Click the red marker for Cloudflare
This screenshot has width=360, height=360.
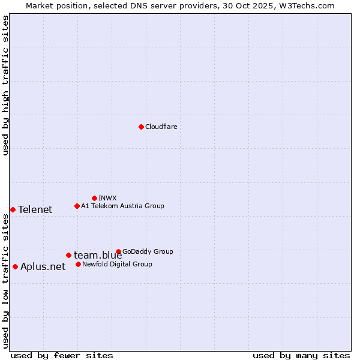click(x=141, y=127)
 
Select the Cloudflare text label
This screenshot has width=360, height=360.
click(x=161, y=127)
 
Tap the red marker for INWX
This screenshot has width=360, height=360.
click(x=94, y=198)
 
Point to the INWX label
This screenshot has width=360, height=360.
click(x=107, y=198)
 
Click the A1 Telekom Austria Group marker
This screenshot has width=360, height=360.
click(x=77, y=206)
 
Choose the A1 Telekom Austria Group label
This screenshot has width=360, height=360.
click(x=122, y=206)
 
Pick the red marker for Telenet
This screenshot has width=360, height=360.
click(x=13, y=209)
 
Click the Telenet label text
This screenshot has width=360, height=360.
click(x=35, y=209)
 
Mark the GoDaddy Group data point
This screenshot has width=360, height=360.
click(x=118, y=251)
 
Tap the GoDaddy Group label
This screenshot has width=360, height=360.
click(x=148, y=251)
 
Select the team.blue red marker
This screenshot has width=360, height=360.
click(x=68, y=255)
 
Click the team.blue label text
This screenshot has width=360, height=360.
click(x=98, y=256)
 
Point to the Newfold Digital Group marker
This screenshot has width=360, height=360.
click(x=78, y=264)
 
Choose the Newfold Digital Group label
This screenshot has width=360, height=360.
click(x=117, y=264)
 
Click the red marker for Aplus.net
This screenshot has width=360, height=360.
click(x=15, y=266)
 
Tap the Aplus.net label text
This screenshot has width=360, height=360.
click(x=43, y=267)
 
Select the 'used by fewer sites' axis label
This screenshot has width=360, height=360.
click(x=62, y=355)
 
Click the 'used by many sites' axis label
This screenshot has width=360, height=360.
click(x=301, y=355)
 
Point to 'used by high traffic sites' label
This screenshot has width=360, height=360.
click(x=5, y=85)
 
